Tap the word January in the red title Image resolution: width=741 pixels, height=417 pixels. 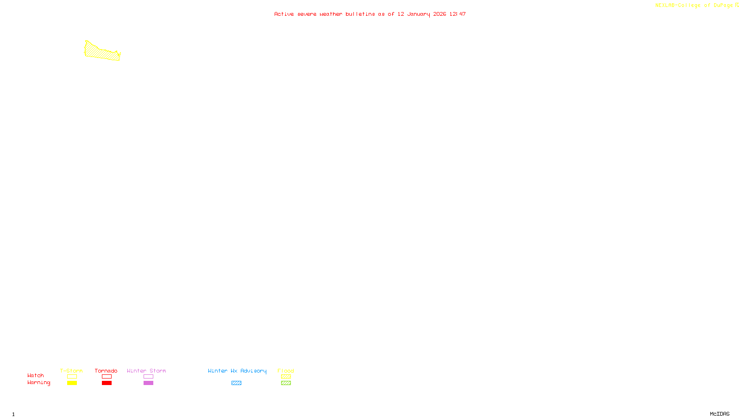coord(418,14)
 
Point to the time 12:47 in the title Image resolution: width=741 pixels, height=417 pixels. coord(457,14)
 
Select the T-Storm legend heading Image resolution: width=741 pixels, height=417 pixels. coord(71,371)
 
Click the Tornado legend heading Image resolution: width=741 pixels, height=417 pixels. coord(106,371)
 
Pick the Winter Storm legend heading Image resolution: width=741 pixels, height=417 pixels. coord(146,371)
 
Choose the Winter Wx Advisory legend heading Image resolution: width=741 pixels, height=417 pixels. coord(237,371)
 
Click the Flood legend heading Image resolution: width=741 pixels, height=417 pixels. coord(286,371)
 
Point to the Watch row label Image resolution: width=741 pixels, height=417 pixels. coord(36,375)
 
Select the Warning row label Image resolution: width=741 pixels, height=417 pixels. coord(38,383)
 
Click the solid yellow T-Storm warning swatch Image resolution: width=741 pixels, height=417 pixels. coord(72,383)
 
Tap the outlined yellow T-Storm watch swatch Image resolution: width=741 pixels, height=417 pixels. coord(72,377)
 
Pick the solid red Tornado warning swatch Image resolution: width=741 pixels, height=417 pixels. coord(107,383)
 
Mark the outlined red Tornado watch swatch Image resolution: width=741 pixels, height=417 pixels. coord(107,377)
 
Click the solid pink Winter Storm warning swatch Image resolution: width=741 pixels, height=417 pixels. coord(148,383)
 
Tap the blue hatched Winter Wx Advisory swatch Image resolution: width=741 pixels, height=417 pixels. coord(236,383)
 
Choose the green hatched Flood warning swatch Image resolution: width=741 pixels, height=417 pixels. coord(286,383)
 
